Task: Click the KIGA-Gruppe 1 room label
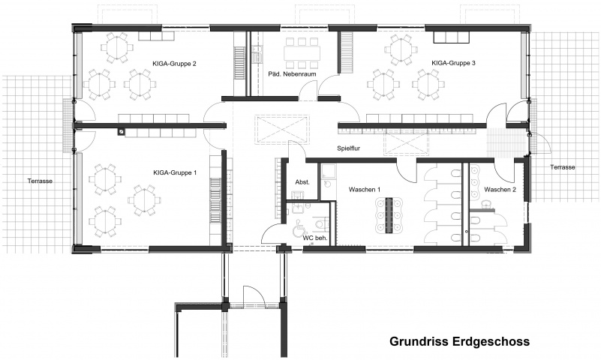tap(175, 172)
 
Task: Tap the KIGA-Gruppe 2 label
tap(174, 64)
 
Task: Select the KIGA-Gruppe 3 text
tap(453, 63)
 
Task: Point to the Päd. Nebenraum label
tap(292, 74)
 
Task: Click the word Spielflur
tap(348, 148)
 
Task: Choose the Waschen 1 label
tap(365, 190)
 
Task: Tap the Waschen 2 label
tap(500, 190)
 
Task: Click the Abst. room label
tap(302, 182)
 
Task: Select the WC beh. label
tap(315, 238)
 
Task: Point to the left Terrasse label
tap(40, 181)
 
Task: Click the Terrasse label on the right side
tap(562, 167)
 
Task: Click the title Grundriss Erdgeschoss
tap(459, 341)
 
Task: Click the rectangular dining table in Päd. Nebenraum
tap(302, 52)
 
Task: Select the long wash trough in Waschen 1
tap(389, 215)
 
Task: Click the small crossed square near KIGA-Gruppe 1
tap(121, 132)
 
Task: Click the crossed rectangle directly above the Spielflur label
tap(282, 129)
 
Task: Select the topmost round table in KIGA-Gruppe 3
tap(401, 49)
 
